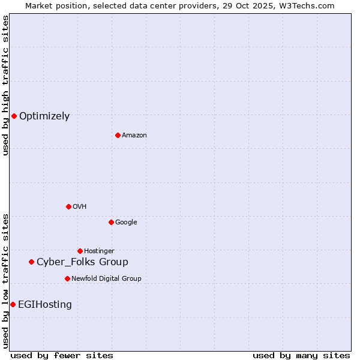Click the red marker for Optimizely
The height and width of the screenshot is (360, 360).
click(x=14, y=116)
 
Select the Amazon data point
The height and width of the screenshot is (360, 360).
click(x=118, y=135)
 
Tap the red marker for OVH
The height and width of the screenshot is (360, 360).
click(x=68, y=206)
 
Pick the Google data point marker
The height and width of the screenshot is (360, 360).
click(x=111, y=222)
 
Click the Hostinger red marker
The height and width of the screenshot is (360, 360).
click(x=80, y=251)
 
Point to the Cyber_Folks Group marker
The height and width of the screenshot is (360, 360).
click(x=31, y=262)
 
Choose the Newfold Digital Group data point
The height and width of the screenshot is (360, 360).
click(x=67, y=278)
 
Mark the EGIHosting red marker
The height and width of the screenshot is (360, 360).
click(x=13, y=304)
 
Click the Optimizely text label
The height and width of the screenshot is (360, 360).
click(x=44, y=116)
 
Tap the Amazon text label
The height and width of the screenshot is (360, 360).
click(x=134, y=136)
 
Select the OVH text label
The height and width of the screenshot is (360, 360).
click(x=80, y=207)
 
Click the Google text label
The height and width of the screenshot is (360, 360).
click(x=126, y=223)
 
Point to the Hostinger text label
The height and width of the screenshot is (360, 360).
click(x=99, y=251)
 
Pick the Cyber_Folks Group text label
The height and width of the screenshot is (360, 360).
click(x=82, y=262)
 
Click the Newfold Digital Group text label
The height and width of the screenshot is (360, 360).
click(x=106, y=279)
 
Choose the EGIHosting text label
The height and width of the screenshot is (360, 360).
click(x=45, y=305)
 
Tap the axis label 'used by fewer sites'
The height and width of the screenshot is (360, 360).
click(x=62, y=355)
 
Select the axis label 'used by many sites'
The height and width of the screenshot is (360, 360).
click(x=301, y=355)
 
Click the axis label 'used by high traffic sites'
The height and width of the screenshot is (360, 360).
click(x=5, y=85)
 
